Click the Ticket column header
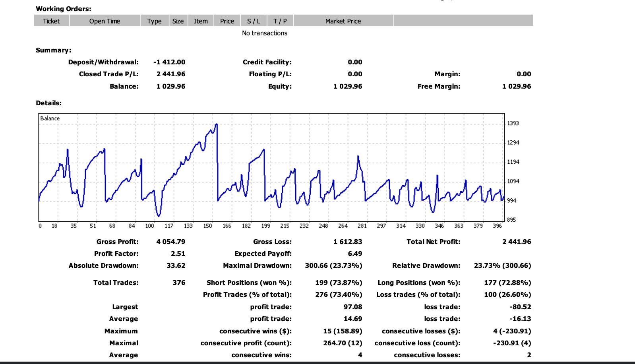point(51,21)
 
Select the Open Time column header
point(105,21)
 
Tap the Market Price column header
point(343,21)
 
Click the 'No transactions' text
point(265,33)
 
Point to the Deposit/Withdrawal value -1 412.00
point(169,62)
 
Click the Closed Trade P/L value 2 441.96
point(171,74)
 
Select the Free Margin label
point(439,86)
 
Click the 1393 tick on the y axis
point(513,123)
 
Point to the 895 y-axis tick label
point(511,220)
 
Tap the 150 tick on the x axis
point(207,226)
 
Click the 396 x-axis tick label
point(497,226)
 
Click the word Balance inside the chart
point(50,118)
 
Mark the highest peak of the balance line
point(217,124)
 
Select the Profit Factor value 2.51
point(178,254)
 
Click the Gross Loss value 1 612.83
point(348,242)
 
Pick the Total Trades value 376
point(179,283)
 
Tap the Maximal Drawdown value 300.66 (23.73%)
point(333,265)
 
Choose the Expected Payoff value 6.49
point(355,254)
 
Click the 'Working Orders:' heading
point(64,9)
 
